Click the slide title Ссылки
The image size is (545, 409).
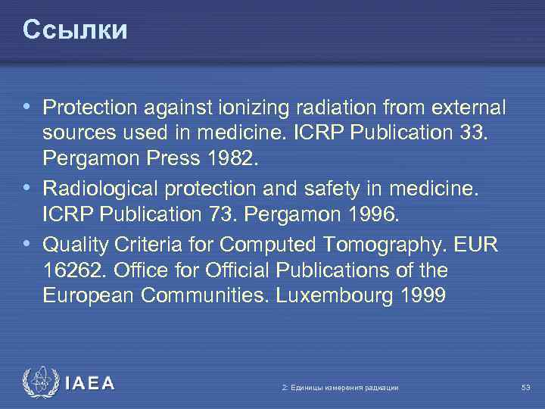[75, 30]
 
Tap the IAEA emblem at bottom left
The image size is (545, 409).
[39, 382]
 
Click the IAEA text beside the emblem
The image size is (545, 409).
[90, 384]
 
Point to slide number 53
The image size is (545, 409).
[525, 388]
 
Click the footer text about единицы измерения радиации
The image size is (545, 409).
[340, 388]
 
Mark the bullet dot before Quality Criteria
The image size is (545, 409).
[28, 242]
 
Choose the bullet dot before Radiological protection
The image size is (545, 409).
[28, 187]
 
